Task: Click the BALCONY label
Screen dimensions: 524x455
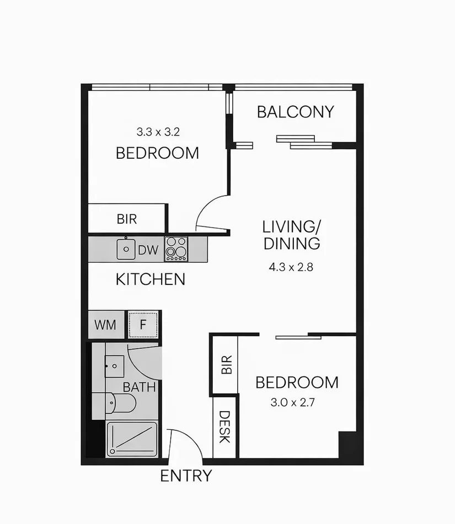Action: point(296,112)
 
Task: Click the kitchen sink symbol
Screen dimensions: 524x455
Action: point(126,249)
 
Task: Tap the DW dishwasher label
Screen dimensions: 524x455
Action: point(148,250)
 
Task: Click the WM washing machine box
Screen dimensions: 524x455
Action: point(105,325)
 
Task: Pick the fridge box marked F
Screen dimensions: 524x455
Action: point(143,325)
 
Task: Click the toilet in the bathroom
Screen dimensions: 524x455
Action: point(117,403)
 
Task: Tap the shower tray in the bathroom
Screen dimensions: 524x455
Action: point(132,439)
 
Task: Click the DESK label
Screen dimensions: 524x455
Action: point(224,427)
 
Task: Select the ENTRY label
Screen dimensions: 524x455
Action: point(186,476)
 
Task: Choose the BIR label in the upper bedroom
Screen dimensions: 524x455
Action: point(127,219)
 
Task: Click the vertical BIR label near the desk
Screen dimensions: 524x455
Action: point(226,365)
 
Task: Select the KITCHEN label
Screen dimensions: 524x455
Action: point(150,279)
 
